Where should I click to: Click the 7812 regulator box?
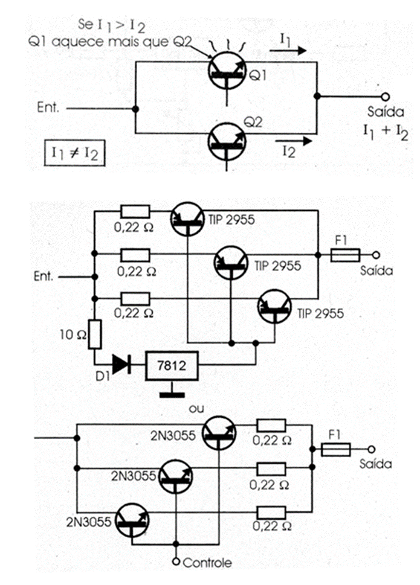pyautogui.click(x=172, y=365)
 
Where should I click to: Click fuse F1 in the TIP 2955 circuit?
pyautogui.click(x=346, y=254)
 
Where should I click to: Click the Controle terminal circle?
pyautogui.click(x=176, y=561)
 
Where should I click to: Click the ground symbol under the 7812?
pyautogui.click(x=172, y=395)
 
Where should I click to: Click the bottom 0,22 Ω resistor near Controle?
pyautogui.click(x=272, y=512)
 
